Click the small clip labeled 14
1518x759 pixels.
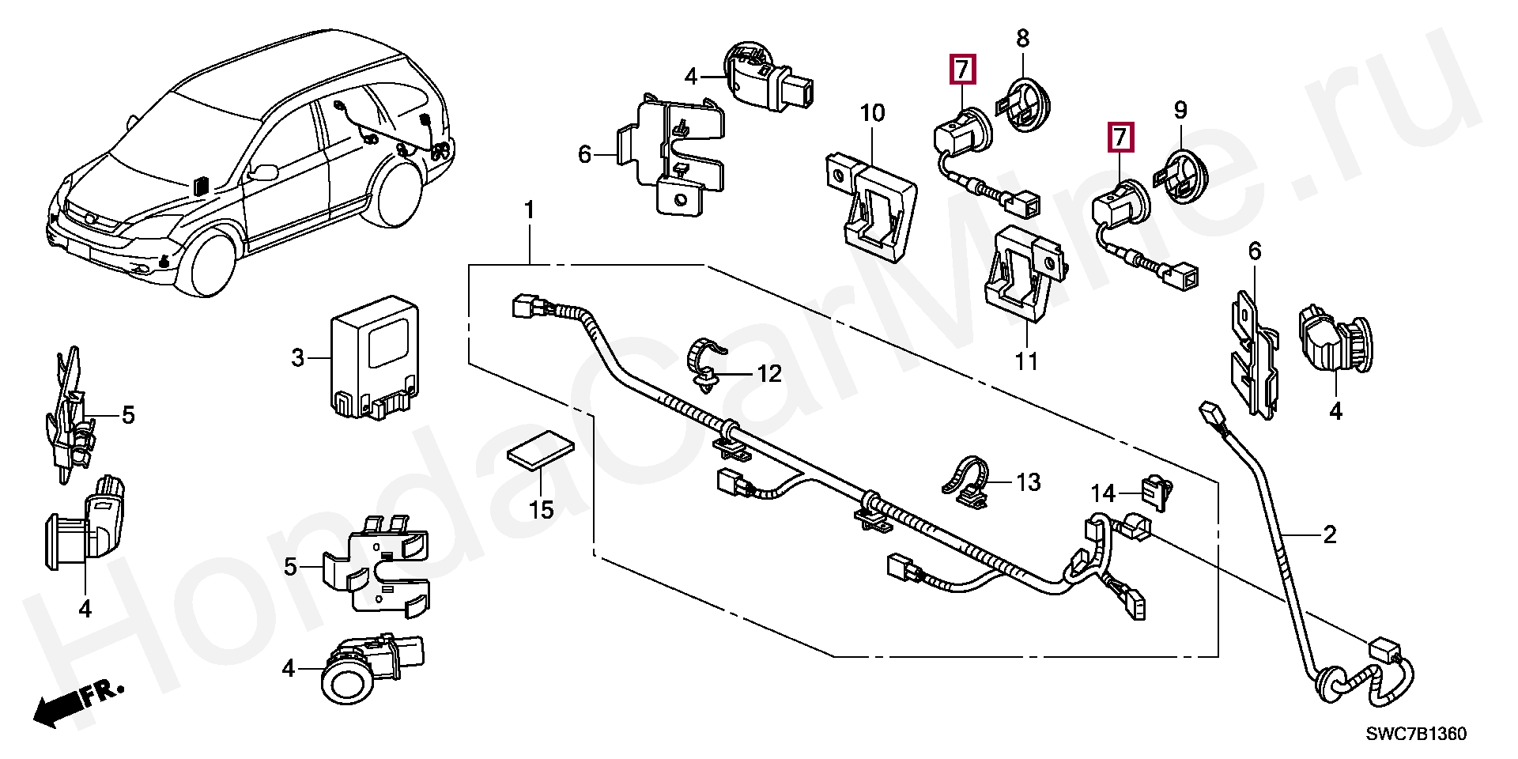pyautogui.click(x=1156, y=492)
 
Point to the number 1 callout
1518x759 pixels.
pyautogui.click(x=529, y=211)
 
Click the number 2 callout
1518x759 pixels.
pyautogui.click(x=1330, y=535)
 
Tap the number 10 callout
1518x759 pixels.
pyautogui.click(x=872, y=113)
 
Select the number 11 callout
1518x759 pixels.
pyautogui.click(x=1026, y=361)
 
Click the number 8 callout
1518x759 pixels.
pyautogui.click(x=1022, y=38)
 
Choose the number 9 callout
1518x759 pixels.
pyautogui.click(x=1180, y=110)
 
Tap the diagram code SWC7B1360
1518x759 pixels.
pyautogui.click(x=1416, y=734)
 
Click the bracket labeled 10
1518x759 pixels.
pyautogui.click(x=874, y=208)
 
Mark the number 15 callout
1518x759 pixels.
pyautogui.click(x=541, y=509)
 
